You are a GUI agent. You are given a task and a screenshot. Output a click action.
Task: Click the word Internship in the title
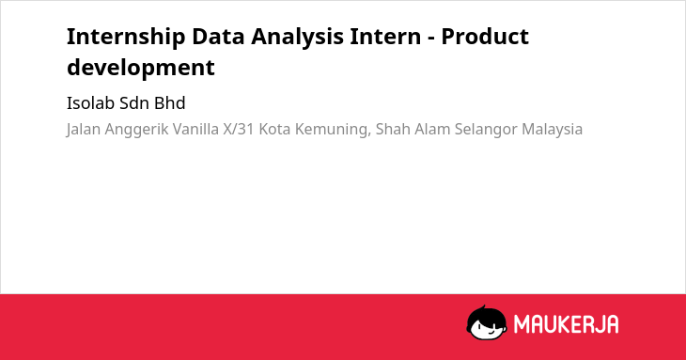126,38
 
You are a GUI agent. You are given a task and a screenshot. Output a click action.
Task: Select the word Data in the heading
218,37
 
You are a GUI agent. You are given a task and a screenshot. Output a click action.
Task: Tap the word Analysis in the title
297,38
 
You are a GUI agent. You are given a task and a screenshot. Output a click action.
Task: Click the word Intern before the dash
385,37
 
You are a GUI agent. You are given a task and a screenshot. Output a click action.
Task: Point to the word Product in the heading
485,37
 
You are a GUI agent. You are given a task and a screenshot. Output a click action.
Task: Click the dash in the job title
431,39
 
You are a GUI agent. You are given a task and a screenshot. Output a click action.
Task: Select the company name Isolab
90,103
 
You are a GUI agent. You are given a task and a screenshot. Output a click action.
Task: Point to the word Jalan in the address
83,130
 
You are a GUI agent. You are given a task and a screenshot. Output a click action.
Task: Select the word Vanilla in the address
195,130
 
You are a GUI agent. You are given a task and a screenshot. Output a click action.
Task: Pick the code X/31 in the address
239,130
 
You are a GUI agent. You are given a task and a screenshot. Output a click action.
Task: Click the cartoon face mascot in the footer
487,322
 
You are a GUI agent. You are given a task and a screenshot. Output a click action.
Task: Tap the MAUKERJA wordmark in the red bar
566,324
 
